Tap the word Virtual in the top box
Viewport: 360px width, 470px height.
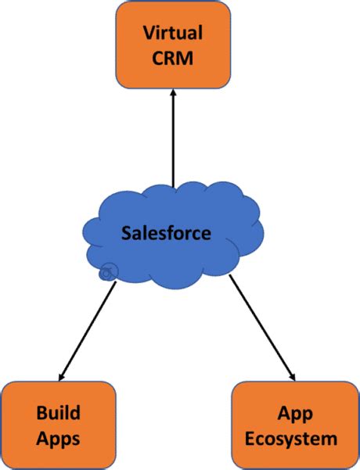173,33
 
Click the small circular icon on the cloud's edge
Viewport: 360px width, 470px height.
108,272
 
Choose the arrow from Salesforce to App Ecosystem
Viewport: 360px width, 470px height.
262,328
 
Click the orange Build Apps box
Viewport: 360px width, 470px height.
59,425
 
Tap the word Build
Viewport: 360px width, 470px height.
59,413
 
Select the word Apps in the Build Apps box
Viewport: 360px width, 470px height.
59,437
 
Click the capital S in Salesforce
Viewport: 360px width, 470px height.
126,232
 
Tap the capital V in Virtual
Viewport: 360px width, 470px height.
149,33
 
